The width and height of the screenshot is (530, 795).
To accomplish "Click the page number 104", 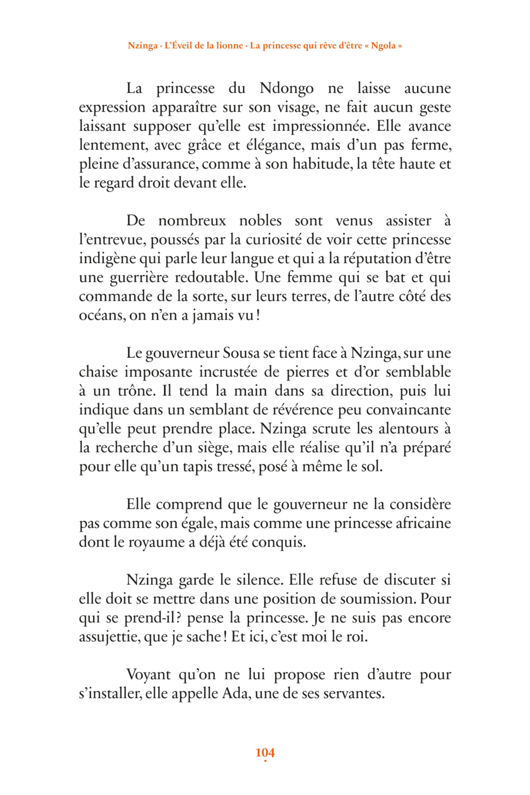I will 265,752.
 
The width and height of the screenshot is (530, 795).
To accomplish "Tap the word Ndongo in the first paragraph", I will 286,89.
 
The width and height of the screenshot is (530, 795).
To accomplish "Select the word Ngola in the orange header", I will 383,46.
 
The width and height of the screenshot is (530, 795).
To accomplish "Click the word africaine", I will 423,524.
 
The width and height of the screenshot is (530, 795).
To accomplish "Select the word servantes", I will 353,694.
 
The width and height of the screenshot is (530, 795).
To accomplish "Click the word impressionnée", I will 321,126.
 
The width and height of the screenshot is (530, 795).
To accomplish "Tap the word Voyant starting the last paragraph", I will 149,675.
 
